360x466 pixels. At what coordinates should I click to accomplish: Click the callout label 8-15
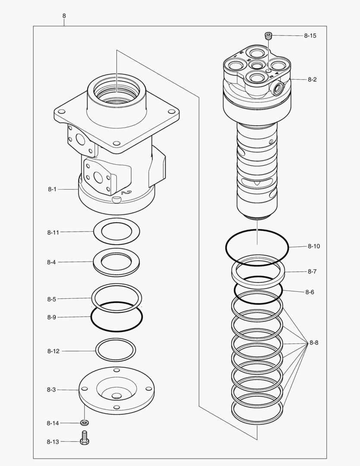pos(310,36)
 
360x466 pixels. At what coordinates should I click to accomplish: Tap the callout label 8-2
pos(312,80)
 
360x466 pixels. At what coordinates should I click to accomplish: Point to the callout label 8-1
pos(52,189)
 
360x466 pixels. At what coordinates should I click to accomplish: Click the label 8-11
pos(53,232)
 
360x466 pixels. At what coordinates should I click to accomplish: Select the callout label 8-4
pos(52,262)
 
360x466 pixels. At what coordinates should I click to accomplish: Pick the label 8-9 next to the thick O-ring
pos(52,317)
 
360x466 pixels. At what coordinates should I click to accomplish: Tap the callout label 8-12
pos(53,351)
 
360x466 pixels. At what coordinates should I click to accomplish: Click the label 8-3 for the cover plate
pos(51,390)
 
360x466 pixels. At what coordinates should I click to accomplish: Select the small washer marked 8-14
pos(85,422)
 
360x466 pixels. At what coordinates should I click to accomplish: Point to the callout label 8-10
pos(313,246)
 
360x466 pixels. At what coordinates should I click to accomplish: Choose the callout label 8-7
pos(312,271)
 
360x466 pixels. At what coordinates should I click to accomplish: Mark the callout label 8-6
pos(310,292)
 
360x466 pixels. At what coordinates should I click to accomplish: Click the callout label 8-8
pos(313,343)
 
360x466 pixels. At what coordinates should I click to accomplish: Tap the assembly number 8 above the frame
pos(64,16)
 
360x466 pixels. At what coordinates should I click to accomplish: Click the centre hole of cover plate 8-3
pos(116,396)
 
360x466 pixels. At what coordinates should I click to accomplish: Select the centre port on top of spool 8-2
pos(257,65)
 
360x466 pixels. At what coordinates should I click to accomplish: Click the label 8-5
pos(52,299)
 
